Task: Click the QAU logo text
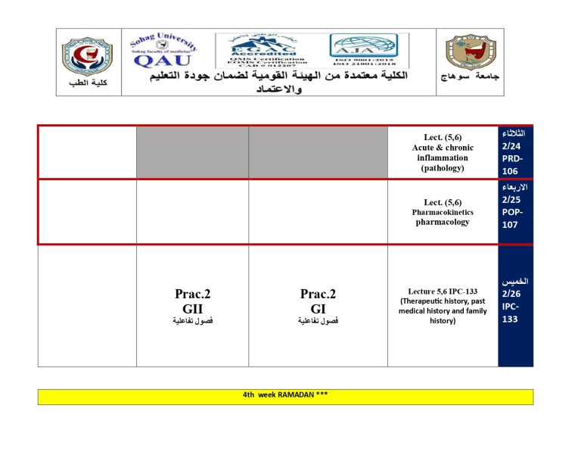point(162,60)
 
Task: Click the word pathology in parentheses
point(443,169)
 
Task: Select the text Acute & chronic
point(443,148)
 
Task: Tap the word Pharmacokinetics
point(443,213)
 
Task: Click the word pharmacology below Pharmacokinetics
point(443,223)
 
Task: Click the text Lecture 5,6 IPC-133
point(442,290)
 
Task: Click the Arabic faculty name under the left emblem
point(84,83)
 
